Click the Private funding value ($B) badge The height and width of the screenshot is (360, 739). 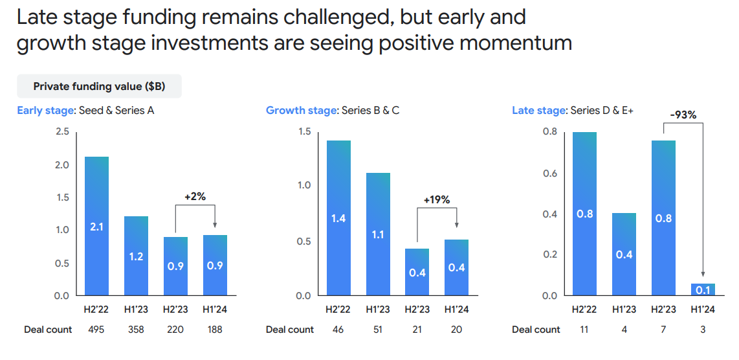pyautogui.click(x=99, y=86)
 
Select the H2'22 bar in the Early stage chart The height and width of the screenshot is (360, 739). pyautogui.click(x=96, y=226)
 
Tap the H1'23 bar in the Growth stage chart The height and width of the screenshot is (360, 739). pyautogui.click(x=378, y=234)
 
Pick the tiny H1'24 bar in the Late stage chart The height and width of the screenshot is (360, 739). pyautogui.click(x=703, y=289)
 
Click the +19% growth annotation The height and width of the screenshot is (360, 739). pyautogui.click(x=437, y=200)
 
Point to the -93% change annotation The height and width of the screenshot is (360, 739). pyautogui.click(x=683, y=115)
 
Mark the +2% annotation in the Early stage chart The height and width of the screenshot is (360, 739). pyautogui.click(x=194, y=196)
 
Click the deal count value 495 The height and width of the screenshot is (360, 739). pyautogui.click(x=97, y=330)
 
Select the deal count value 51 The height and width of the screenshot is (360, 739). pyautogui.click(x=378, y=330)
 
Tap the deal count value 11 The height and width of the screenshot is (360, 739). pyautogui.click(x=584, y=330)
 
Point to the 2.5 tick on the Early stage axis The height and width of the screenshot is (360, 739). pyautogui.click(x=62, y=132)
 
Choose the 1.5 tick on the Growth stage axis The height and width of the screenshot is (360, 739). pyautogui.click(x=303, y=132)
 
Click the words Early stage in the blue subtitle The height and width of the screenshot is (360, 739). pyautogui.click(x=45, y=110)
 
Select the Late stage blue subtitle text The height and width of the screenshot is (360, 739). pyautogui.click(x=539, y=111)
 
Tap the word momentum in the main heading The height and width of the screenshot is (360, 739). pyautogui.click(x=520, y=43)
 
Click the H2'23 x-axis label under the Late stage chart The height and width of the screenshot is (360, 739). pyautogui.click(x=663, y=309)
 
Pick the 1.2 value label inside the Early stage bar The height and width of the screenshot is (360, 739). pyautogui.click(x=136, y=256)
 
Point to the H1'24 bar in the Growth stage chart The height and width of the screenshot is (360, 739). pyautogui.click(x=457, y=267)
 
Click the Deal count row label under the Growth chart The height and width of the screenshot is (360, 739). pyautogui.click(x=290, y=330)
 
